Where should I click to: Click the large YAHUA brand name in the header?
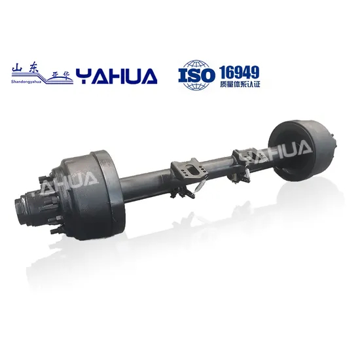point(117,77)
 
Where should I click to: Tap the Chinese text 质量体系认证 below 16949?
point(240,85)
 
